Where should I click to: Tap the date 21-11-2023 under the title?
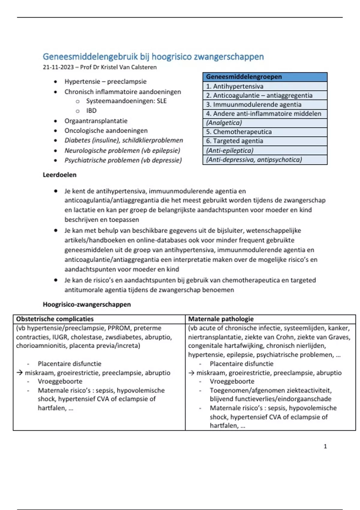point(58,67)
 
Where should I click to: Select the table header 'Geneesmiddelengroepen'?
point(244,77)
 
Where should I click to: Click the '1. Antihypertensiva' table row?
point(235,86)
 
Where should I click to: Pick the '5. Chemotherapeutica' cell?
point(239,132)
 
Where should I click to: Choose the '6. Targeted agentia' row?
point(234,141)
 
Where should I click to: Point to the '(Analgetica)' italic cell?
point(224,123)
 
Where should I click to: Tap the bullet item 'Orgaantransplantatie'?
point(96,121)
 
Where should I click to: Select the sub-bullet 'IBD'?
point(91,111)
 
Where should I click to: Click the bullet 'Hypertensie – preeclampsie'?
point(105,82)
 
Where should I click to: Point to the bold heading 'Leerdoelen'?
point(59,175)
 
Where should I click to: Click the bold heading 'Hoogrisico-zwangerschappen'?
point(87,304)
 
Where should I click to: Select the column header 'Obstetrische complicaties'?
point(55,319)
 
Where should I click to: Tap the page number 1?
point(325,446)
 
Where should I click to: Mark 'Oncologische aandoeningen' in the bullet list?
point(106,131)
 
